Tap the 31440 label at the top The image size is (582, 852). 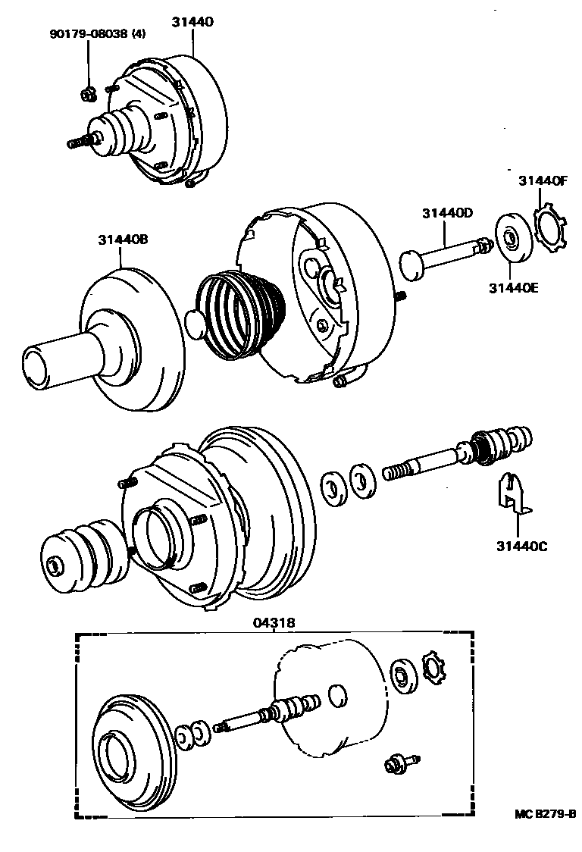tap(192, 22)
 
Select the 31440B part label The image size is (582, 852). tap(122, 240)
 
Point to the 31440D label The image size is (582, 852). tap(447, 214)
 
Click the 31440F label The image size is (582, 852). tap(543, 181)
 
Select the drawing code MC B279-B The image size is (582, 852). tap(545, 815)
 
